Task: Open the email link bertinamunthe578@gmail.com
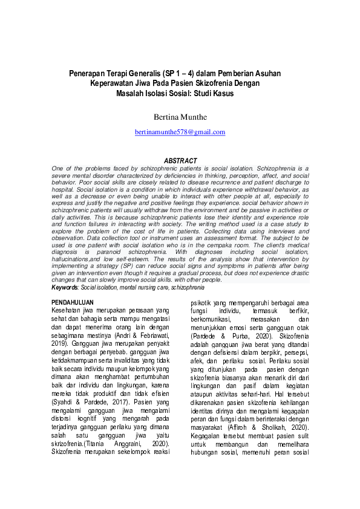(x=180, y=132)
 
